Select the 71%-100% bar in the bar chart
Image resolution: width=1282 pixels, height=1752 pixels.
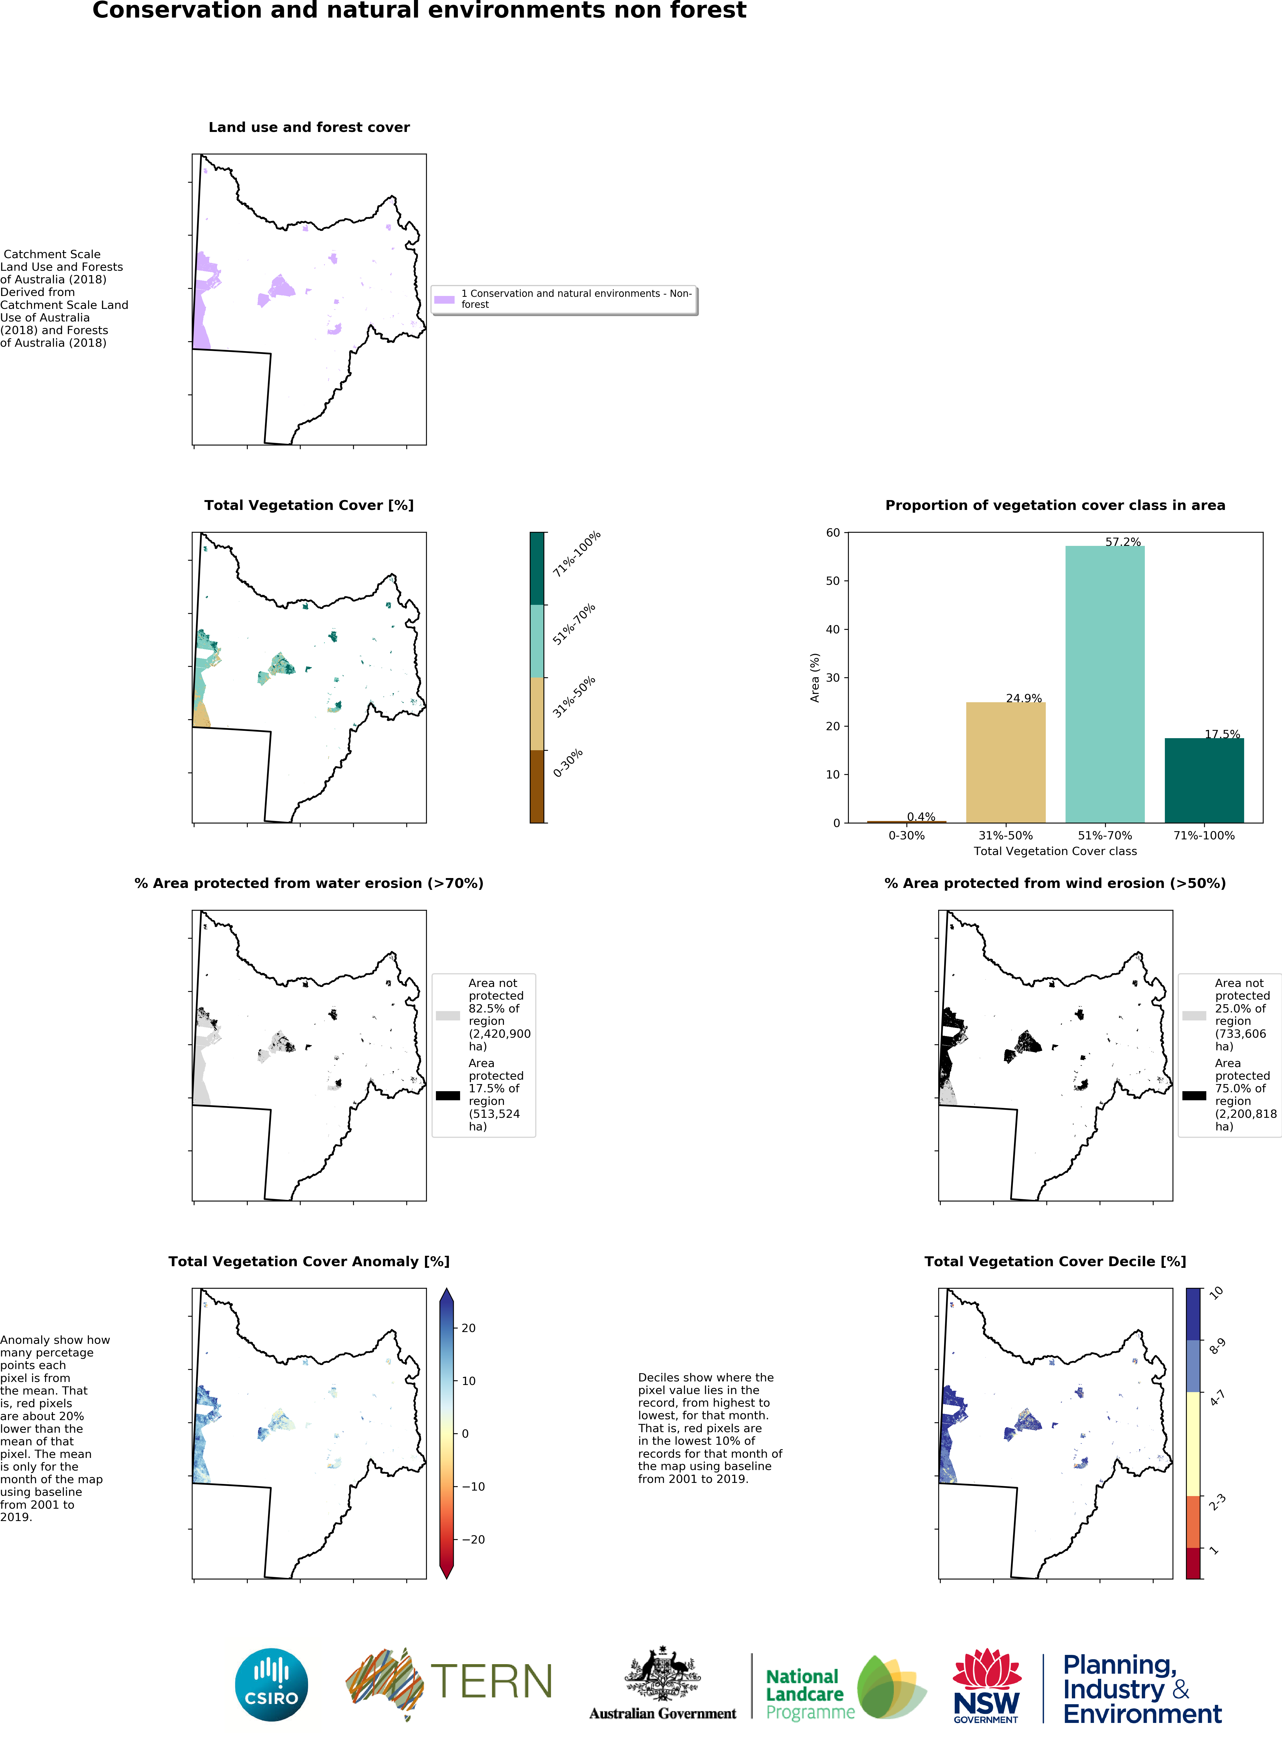[1204, 780]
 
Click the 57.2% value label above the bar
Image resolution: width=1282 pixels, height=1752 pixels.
[1123, 541]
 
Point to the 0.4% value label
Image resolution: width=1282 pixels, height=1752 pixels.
[921, 816]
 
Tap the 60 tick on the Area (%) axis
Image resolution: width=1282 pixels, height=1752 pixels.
[833, 532]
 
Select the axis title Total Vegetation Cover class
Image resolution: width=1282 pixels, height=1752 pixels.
[1055, 851]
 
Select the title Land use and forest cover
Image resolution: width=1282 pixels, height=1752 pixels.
[309, 127]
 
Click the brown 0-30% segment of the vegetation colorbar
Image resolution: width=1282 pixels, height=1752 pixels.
[537, 786]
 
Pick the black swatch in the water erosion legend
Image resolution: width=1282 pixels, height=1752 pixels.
[448, 1096]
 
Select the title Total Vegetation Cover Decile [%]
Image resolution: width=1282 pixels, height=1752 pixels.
[1055, 1262]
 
